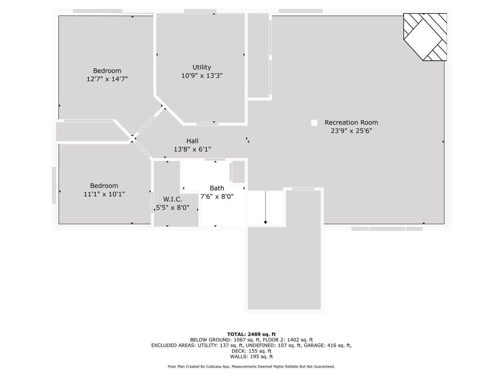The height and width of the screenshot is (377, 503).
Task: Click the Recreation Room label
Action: [x=351, y=123]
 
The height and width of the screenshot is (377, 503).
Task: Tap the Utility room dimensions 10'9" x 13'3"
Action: [x=202, y=76]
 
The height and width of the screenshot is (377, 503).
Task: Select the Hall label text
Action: [x=192, y=141]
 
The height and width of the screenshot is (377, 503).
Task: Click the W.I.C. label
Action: [x=173, y=199]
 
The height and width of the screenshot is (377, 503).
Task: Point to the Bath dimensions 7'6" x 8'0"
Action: [x=217, y=197]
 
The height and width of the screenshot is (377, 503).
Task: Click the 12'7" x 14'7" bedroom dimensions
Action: [x=107, y=79]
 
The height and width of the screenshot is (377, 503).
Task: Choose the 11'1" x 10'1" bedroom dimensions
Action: [x=104, y=194]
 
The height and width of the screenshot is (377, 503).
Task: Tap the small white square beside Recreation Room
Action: [x=314, y=123]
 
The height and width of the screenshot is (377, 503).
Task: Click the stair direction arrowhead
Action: [x=265, y=222]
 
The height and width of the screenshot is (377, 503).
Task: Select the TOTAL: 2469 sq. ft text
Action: [x=251, y=334]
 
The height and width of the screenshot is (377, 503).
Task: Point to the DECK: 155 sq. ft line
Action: [x=251, y=351]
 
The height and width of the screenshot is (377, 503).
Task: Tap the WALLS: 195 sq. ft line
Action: [x=251, y=357]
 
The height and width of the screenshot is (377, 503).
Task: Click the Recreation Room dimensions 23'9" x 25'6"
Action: [x=351, y=131]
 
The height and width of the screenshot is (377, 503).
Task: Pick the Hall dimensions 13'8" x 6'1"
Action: [x=192, y=149]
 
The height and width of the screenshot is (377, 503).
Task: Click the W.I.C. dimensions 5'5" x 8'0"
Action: [x=173, y=208]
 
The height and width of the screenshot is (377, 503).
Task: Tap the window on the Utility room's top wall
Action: [x=200, y=11]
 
